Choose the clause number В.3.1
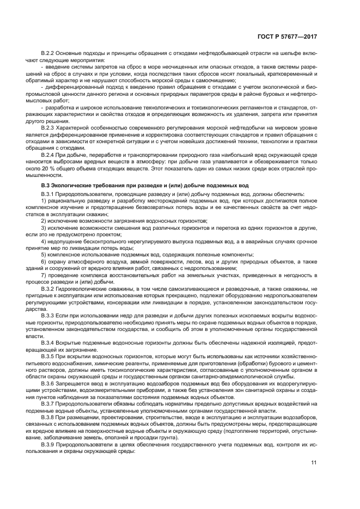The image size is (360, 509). pyautogui.click(x=48, y=194)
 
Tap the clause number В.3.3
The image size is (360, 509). pyautogui.click(x=48, y=316)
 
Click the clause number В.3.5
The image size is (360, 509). pyautogui.click(x=48, y=355)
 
